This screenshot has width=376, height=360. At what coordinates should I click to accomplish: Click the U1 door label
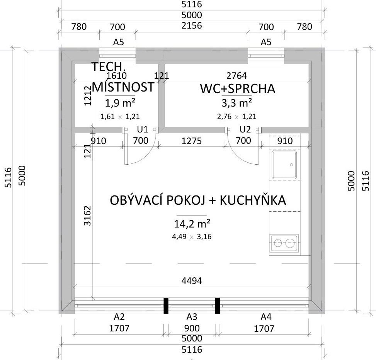143,129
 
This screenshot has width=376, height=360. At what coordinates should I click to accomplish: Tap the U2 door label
245,129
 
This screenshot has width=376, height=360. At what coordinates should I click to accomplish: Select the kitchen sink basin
284,165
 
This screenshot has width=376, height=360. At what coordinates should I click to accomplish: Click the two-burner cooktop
284,243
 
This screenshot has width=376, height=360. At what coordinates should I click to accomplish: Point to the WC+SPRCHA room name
237,88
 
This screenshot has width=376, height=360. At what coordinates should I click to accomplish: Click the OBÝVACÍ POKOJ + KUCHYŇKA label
198,200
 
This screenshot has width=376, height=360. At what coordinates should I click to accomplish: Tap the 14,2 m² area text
192,224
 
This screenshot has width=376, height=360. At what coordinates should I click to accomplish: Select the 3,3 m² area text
236,103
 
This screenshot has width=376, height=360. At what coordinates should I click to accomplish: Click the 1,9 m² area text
120,103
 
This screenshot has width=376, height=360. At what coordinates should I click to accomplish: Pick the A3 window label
192,317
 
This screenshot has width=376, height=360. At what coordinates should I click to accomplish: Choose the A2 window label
119,317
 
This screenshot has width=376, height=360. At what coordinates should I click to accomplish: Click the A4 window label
266,317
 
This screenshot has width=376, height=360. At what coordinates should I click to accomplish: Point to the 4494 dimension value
192,280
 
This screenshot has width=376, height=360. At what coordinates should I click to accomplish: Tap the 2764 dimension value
236,76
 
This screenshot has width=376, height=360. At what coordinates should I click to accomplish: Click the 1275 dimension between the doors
191,141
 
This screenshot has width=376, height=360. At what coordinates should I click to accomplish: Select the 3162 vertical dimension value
87,216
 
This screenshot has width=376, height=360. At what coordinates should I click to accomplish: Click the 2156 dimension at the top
192,25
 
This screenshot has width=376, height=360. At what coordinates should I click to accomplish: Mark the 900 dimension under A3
192,328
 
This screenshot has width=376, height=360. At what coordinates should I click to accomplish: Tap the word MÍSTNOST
123,87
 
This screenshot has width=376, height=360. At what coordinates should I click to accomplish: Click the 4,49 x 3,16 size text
192,237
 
